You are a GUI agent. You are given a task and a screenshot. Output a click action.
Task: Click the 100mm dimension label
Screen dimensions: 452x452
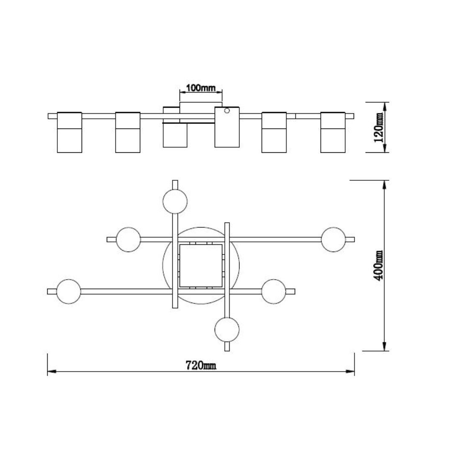point(200,87)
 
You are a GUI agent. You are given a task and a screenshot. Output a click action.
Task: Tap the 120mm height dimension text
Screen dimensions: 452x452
point(378,127)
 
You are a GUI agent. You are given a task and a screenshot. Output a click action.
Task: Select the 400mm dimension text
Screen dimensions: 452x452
point(378,265)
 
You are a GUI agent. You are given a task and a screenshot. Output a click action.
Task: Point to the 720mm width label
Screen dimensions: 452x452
point(200,365)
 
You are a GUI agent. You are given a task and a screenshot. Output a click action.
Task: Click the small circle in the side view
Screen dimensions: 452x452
point(227,110)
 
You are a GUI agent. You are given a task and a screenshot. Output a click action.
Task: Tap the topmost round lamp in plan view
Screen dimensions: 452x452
point(175,201)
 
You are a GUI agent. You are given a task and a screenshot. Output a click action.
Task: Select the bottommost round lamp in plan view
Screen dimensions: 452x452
point(227,330)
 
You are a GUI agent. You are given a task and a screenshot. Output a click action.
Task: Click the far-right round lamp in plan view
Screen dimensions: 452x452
point(333,239)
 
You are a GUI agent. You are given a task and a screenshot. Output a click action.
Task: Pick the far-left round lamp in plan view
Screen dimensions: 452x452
point(69,291)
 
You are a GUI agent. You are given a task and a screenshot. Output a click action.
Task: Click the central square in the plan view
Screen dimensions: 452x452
point(201,265)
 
